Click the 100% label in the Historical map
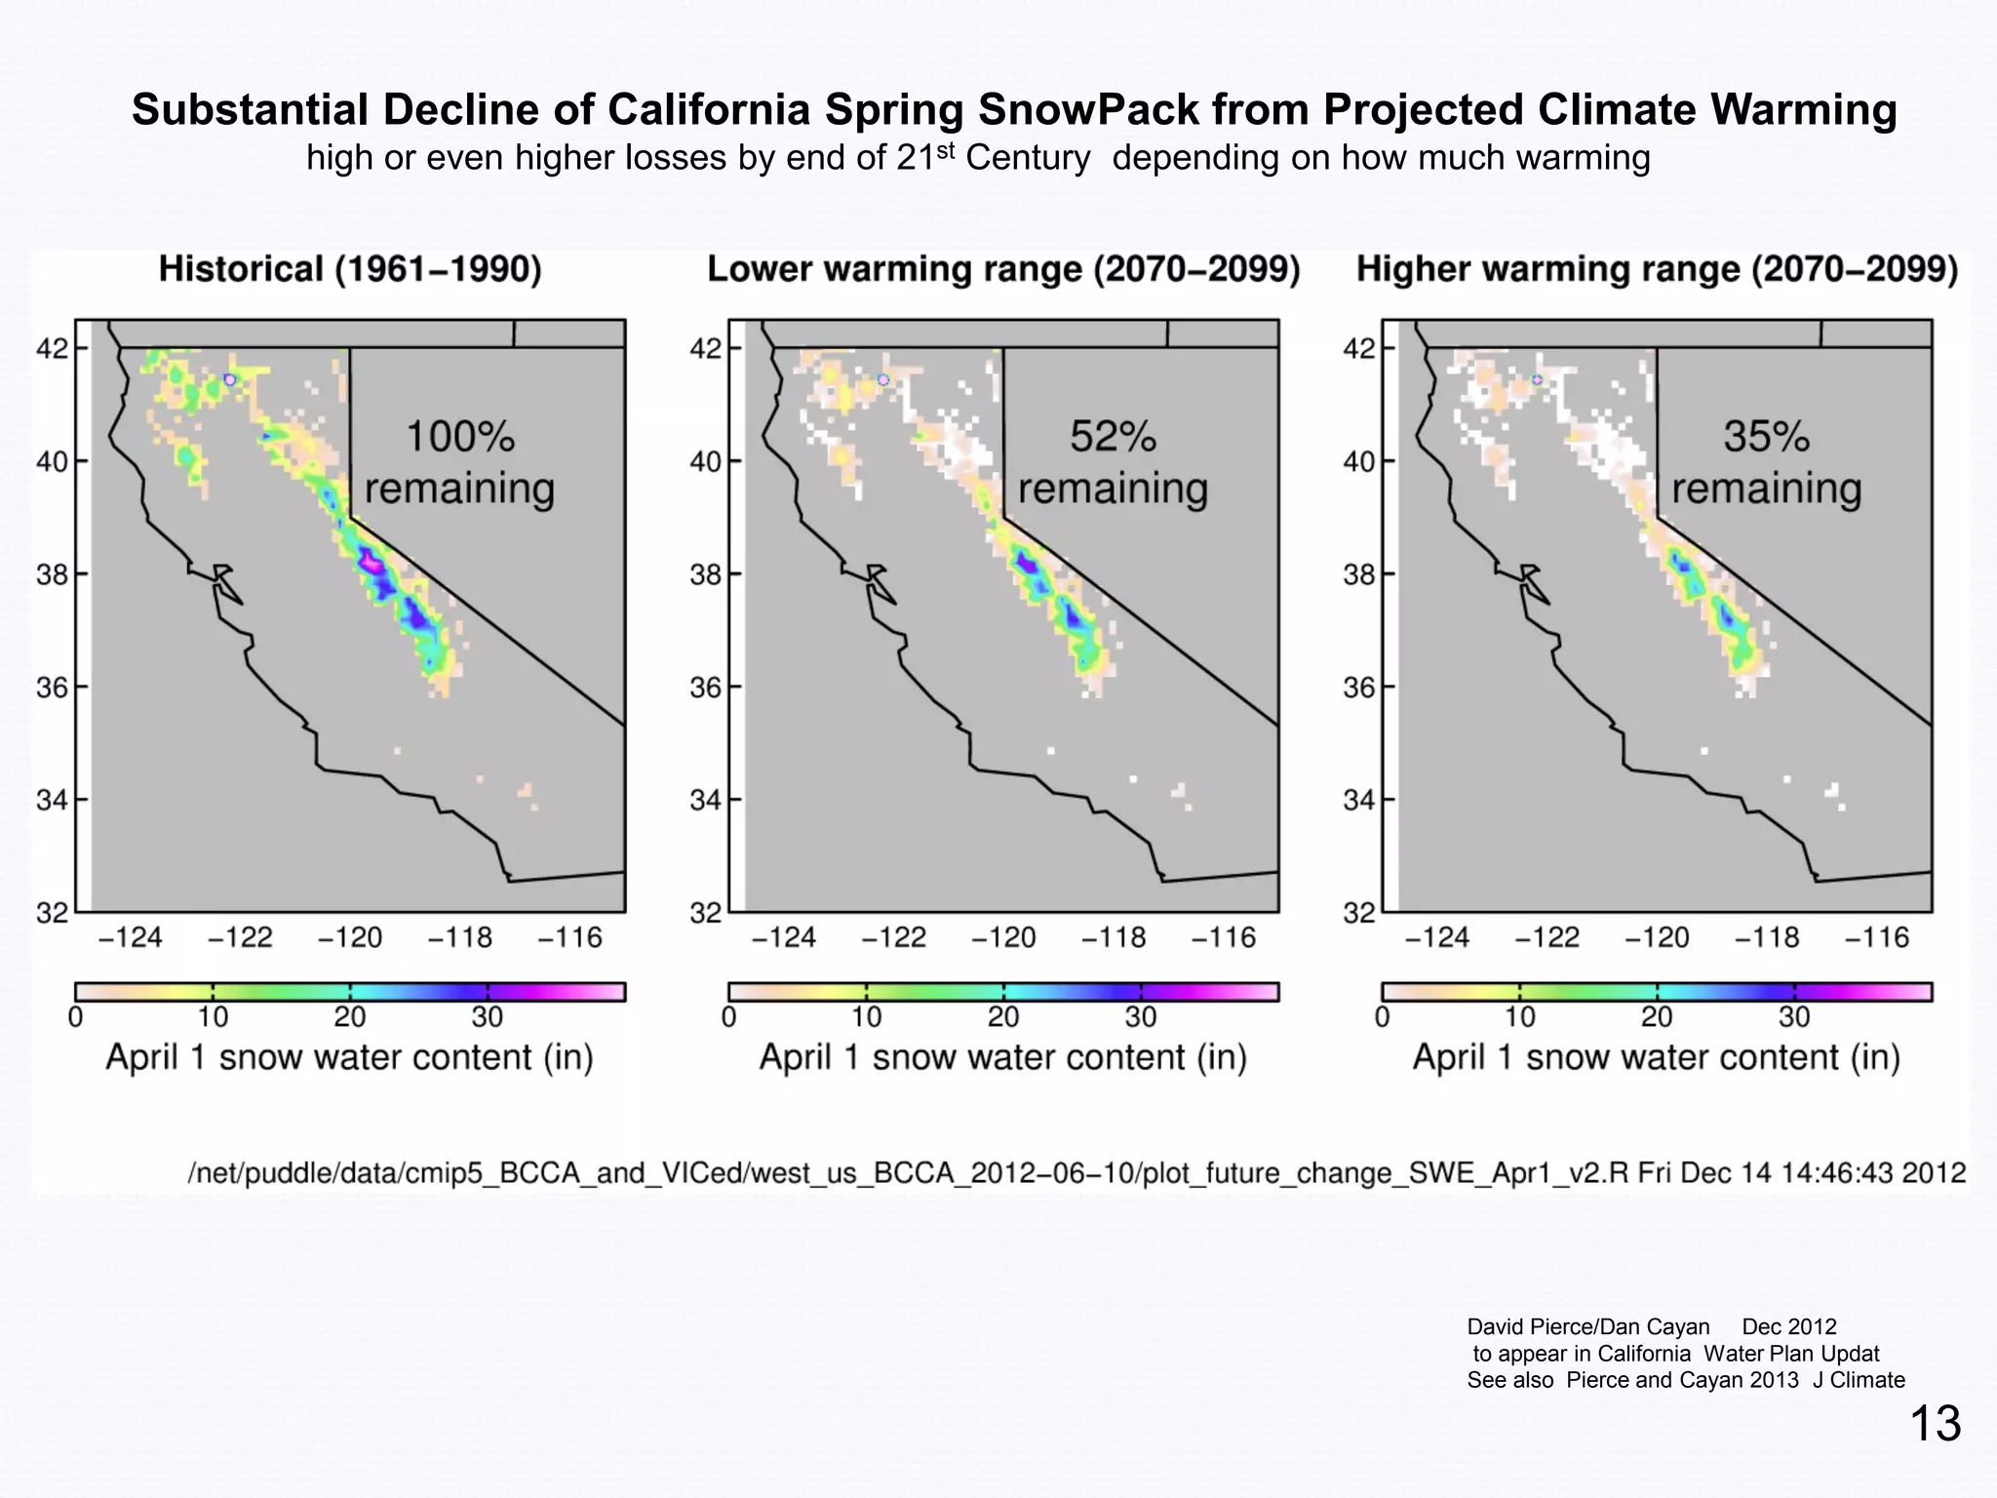(459, 437)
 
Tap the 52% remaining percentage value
(1113, 437)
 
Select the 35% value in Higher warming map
(1766, 437)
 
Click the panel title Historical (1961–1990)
(350, 269)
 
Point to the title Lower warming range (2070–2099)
(1003, 269)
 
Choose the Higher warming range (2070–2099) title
(1657, 269)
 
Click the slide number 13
(1935, 1424)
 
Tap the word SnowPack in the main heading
(1088, 109)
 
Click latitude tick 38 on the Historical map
(52, 574)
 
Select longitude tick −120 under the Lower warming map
(1002, 938)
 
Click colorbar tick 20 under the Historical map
(349, 1017)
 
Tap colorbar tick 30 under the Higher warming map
(1793, 1017)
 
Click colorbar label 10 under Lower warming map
(866, 1017)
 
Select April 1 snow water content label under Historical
(349, 1058)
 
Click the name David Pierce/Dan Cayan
(1587, 1327)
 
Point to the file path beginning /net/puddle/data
(1077, 1172)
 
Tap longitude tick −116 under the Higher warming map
(1876, 938)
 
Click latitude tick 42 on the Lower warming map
(705, 348)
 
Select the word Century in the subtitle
(1028, 158)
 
